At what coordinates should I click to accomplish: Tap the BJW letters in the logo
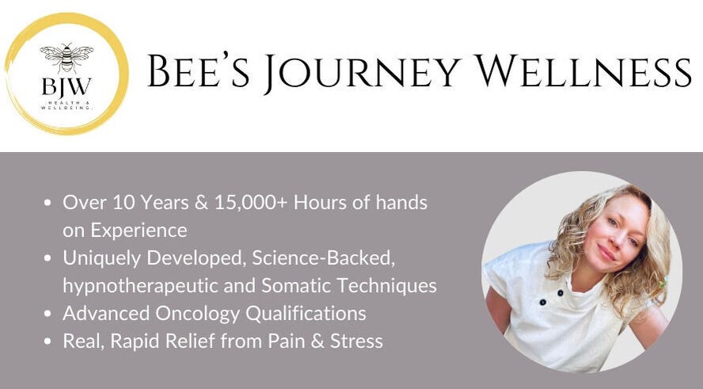coord(66,86)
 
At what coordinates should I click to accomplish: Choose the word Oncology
coord(197,314)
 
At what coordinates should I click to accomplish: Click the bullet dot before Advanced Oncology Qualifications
coord(49,314)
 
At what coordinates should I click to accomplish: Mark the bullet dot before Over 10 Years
coord(49,203)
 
